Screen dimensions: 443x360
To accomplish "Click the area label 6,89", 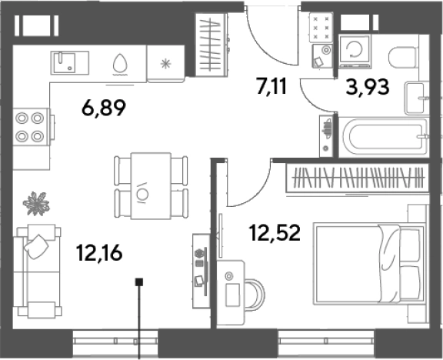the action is (103, 108).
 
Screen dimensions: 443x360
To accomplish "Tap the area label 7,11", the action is (271, 86).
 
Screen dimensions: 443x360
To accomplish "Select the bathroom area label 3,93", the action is (368, 87).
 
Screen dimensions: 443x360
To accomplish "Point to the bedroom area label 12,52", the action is (275, 233).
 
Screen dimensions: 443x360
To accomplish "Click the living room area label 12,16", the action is (99, 252).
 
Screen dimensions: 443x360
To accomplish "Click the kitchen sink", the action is (70, 63).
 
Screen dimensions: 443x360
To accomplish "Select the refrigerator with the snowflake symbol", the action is (165, 64).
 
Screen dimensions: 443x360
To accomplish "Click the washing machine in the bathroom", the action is (355, 51).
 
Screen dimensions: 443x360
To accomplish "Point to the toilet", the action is (404, 57).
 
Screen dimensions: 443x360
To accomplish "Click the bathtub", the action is (384, 137).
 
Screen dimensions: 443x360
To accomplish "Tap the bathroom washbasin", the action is (416, 98).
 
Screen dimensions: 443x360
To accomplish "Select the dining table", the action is (152, 185).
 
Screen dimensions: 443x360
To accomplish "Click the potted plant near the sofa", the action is (36, 203).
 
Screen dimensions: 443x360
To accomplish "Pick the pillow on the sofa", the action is (36, 246).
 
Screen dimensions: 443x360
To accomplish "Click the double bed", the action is (370, 264).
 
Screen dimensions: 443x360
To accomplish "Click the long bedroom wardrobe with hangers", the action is (358, 178).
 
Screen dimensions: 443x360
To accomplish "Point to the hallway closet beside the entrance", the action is (212, 45).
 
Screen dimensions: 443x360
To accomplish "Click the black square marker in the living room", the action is (139, 282).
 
